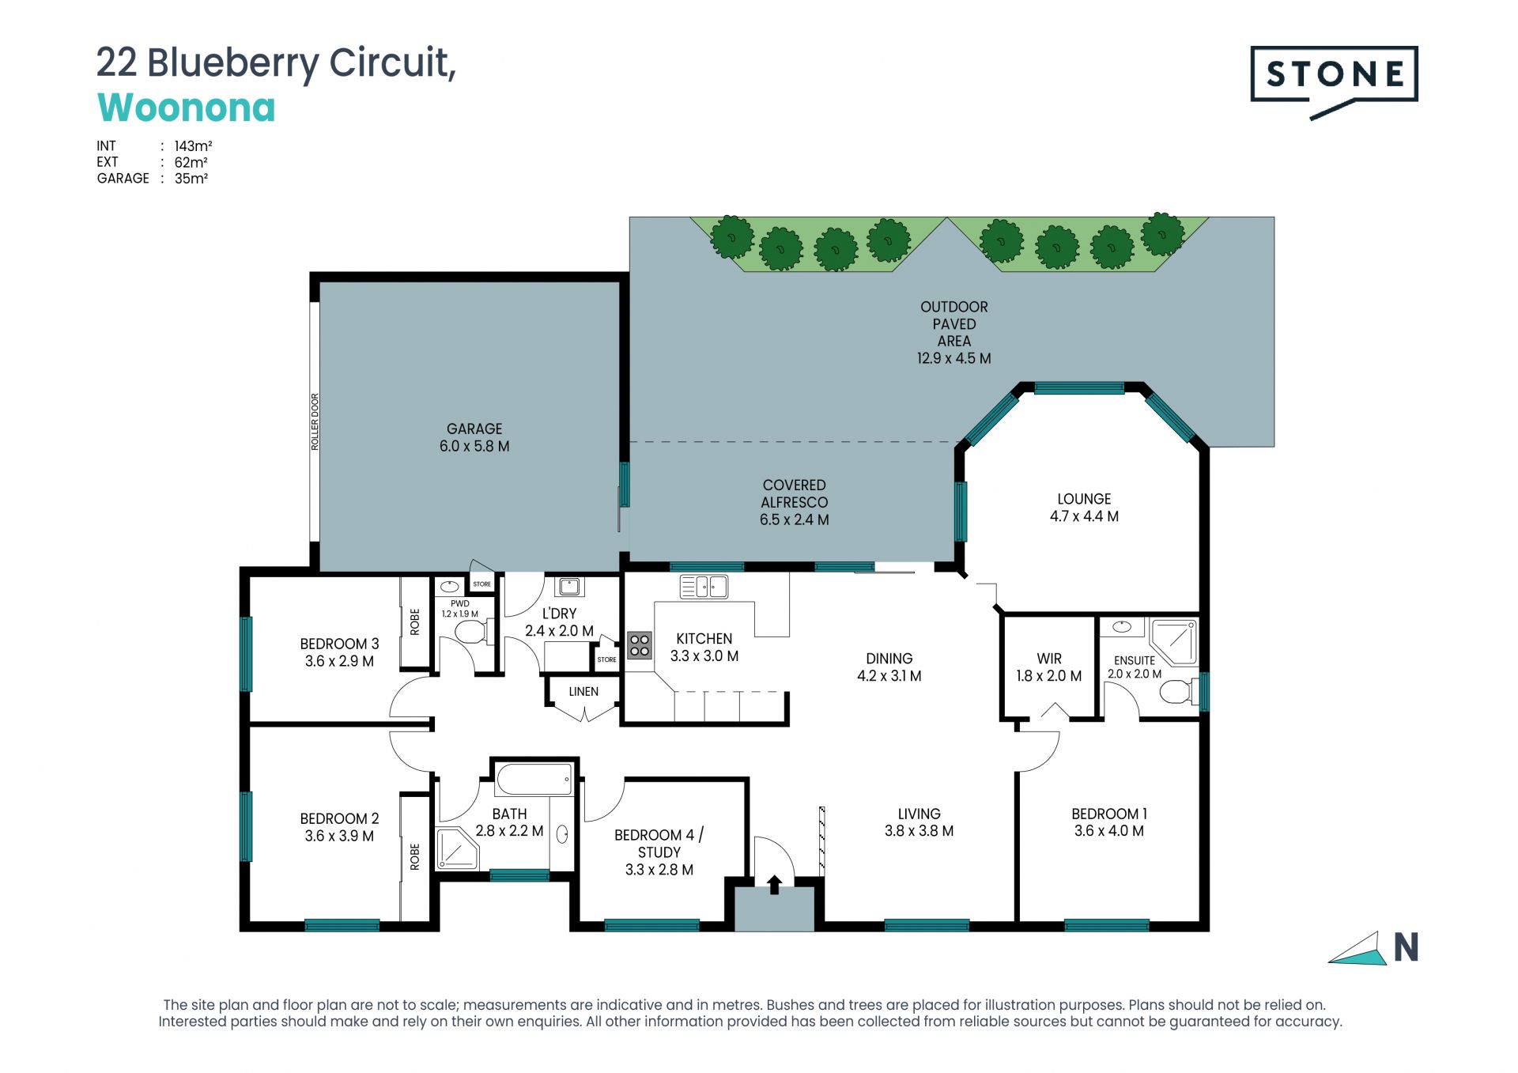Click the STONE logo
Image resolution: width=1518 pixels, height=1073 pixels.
(x=1334, y=79)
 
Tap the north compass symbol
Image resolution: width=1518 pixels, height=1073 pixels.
(x=1374, y=948)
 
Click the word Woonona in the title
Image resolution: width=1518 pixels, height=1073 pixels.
(x=187, y=108)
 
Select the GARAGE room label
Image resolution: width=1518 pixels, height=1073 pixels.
(x=474, y=429)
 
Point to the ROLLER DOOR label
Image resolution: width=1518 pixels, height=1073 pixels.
(x=315, y=421)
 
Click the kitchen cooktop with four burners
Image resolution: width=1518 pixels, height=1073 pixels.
(x=640, y=645)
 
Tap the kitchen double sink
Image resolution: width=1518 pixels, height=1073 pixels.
(x=704, y=587)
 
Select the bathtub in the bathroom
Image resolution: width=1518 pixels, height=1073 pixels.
(x=534, y=779)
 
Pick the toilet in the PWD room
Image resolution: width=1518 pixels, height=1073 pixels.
(x=473, y=632)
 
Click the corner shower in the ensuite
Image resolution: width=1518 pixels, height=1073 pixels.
(x=1173, y=642)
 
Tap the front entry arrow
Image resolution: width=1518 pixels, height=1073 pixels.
(x=775, y=884)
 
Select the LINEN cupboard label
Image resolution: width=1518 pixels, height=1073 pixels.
(x=583, y=691)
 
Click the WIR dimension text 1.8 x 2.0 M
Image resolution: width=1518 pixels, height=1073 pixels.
(x=1049, y=676)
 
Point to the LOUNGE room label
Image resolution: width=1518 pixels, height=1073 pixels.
(x=1084, y=499)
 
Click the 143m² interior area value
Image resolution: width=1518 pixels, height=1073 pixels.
(x=193, y=146)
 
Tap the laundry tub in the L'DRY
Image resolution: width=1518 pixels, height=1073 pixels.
(x=569, y=587)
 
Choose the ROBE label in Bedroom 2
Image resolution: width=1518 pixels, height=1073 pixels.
(x=415, y=856)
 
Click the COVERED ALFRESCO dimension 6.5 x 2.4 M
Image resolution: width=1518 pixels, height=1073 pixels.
(x=795, y=519)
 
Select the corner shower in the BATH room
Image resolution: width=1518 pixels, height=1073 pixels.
(x=457, y=848)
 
